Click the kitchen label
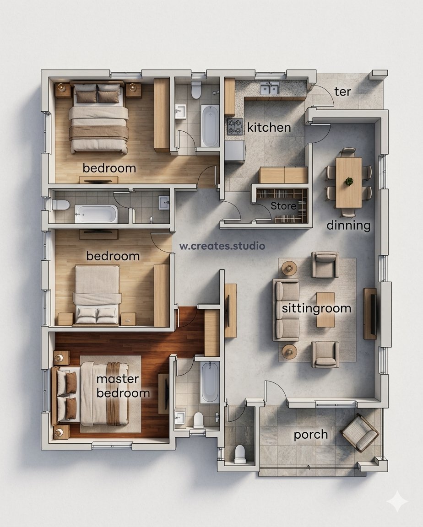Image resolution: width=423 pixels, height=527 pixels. (269, 127)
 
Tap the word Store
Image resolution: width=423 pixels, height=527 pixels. (283, 206)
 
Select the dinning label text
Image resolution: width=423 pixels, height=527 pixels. (349, 225)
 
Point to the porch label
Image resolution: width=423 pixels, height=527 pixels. (311, 435)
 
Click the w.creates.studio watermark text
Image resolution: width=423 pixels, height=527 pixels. (222, 246)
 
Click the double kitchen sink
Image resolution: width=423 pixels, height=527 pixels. (270, 89)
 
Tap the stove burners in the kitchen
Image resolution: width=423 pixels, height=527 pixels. (235, 127)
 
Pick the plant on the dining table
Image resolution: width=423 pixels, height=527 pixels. (349, 182)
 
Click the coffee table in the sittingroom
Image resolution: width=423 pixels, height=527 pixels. (325, 310)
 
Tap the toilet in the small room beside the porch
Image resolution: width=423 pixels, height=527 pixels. (240, 453)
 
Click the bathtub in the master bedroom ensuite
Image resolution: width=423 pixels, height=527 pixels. (210, 382)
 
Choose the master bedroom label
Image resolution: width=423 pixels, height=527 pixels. (123, 386)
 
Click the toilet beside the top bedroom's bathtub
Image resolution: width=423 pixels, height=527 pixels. (196, 90)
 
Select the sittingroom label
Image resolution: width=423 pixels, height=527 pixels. (316, 308)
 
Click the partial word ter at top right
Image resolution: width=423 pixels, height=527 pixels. (342, 91)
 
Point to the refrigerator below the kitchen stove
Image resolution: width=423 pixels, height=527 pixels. (235, 152)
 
